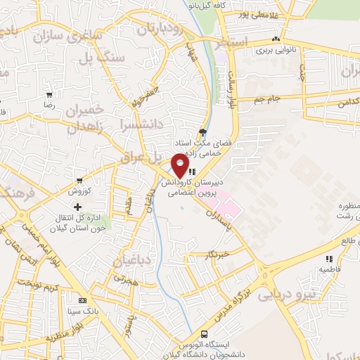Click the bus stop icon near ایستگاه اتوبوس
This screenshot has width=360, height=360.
204,334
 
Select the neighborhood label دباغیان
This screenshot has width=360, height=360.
131,262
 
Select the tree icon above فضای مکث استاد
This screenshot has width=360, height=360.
204,131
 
